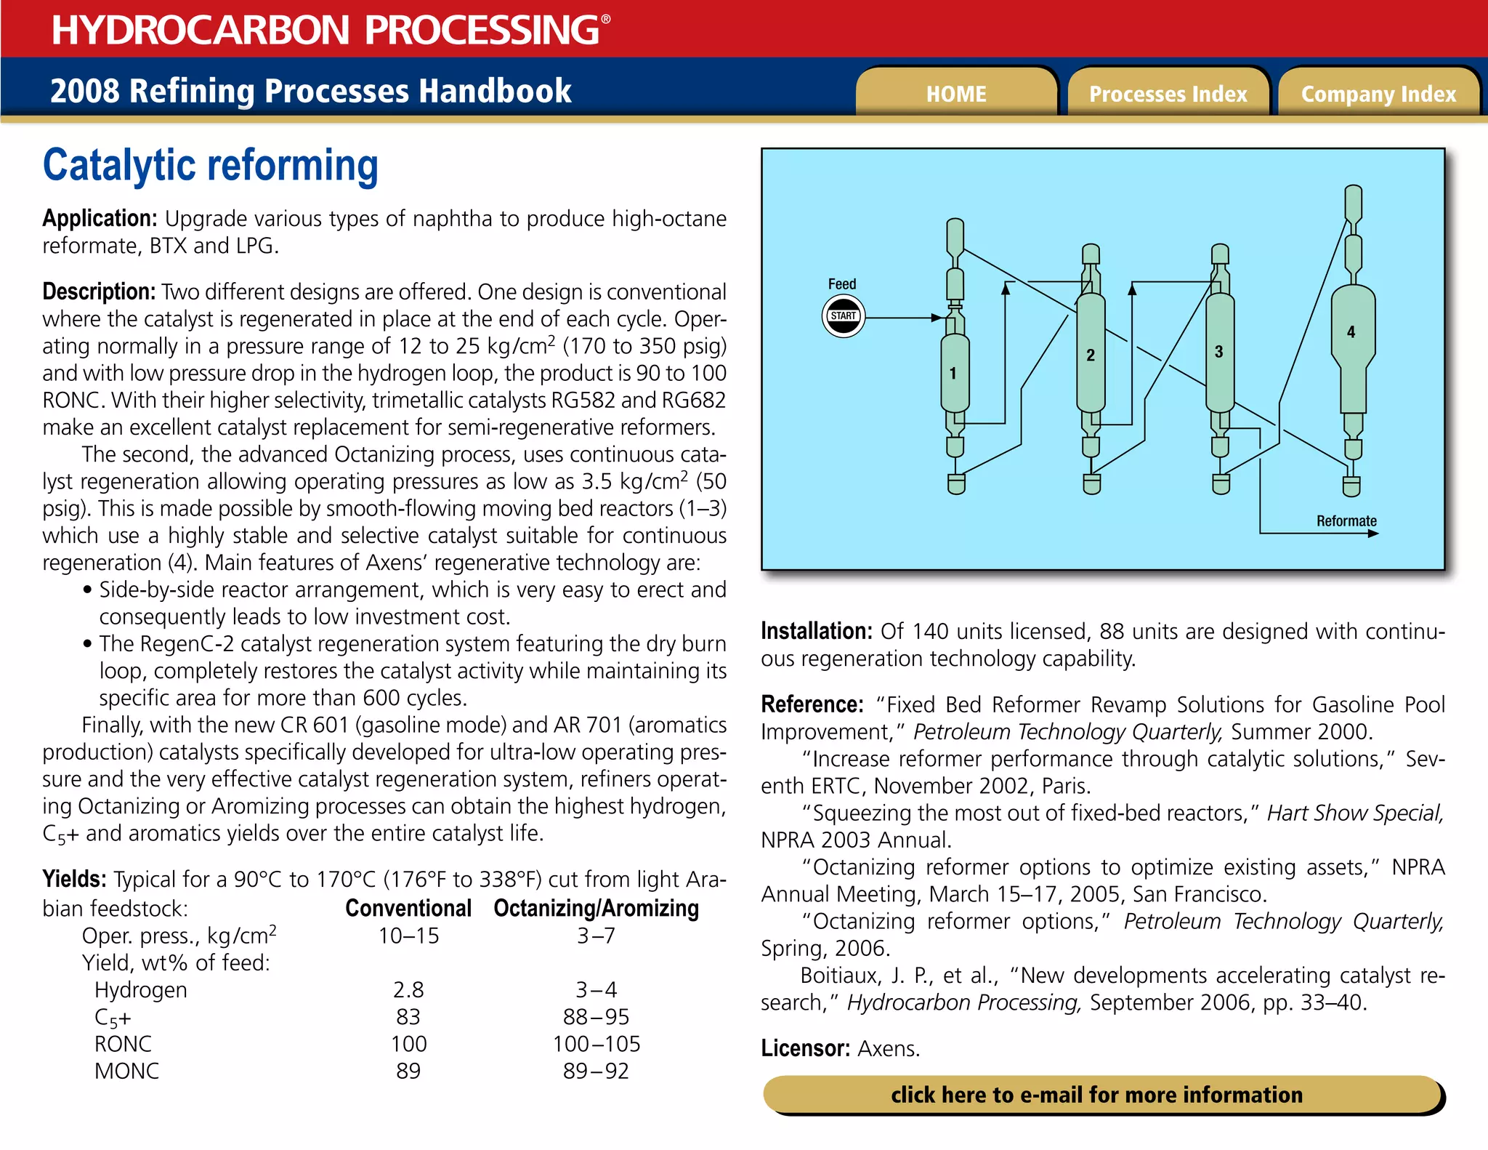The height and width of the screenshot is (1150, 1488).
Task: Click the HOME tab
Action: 955,94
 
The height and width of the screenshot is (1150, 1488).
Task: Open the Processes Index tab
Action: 1168,94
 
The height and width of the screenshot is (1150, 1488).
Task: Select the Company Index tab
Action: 1378,94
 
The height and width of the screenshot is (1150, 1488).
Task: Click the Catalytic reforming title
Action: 211,166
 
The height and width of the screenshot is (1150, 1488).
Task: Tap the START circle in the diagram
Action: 843,316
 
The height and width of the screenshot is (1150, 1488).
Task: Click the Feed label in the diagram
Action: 842,284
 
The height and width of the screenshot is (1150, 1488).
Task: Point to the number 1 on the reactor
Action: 953,374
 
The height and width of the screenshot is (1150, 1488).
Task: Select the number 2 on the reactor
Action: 1090,355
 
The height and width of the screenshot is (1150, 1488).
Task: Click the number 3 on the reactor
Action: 1218,352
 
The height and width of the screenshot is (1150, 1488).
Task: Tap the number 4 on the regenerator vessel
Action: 1351,332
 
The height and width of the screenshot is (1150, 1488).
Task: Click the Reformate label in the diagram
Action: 1346,521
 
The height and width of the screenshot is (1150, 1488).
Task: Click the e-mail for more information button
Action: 1097,1095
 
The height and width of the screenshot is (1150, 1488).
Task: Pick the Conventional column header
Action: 408,909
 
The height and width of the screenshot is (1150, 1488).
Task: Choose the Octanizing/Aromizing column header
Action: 596,909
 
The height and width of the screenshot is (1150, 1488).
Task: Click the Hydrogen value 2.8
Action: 408,990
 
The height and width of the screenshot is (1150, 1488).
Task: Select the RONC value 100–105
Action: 597,1045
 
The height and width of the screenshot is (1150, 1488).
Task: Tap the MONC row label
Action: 126,1071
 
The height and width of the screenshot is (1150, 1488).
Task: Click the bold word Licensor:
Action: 805,1049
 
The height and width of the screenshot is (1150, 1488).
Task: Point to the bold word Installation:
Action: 816,632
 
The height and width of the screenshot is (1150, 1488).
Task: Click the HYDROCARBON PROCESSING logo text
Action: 325,31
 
